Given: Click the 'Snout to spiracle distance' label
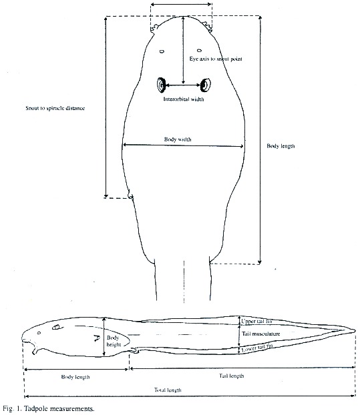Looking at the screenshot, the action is coord(55,108).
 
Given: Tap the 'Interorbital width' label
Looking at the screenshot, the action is coord(184,99).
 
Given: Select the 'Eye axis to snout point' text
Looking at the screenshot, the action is coord(216,59).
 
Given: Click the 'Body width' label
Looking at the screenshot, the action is coord(178,139).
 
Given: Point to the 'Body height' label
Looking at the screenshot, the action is coord(114,341).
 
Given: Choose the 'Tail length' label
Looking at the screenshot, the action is coord(231,376).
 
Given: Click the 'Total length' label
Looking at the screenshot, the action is coord(168,390).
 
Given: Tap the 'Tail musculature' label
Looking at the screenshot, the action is coord(260,334).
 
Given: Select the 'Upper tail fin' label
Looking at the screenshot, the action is coord(256,321).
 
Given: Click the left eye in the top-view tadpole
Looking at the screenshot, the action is coord(161,85).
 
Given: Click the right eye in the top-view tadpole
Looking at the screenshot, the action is coord(205,85).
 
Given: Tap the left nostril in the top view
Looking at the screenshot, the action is coord(162,51).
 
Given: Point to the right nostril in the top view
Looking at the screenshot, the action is coord(199,50).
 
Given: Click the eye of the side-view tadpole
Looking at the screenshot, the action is coord(56,327).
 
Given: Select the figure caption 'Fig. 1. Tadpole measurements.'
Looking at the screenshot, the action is coord(49,408).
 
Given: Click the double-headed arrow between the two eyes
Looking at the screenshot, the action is coord(183,85).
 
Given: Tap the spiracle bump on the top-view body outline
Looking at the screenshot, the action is coord(130,195).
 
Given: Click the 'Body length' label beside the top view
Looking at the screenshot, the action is coord(281,146).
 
